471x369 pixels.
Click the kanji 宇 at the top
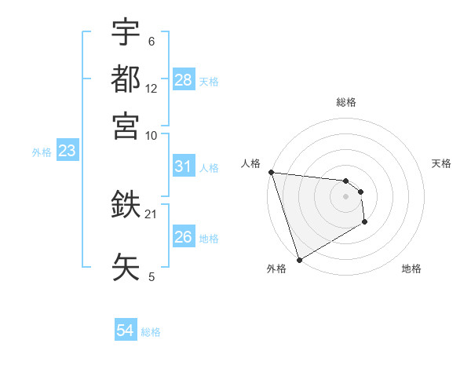tap(126, 33)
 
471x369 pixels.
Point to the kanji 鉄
tap(126, 206)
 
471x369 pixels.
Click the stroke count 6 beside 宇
tap(152, 41)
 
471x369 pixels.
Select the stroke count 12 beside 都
tap(152, 89)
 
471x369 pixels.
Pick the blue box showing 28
tap(183, 79)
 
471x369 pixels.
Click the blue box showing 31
tap(183, 166)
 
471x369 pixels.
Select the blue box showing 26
tap(183, 237)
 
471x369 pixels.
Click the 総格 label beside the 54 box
tap(151, 332)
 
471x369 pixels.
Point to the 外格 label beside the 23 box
tap(41, 152)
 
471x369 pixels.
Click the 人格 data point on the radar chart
tap(271, 172)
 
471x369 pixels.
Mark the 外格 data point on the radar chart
tap(299, 259)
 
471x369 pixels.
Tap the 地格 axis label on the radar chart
tap(411, 269)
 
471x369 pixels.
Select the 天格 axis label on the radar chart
tap(441, 163)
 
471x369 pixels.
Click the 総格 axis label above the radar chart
tap(346, 102)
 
